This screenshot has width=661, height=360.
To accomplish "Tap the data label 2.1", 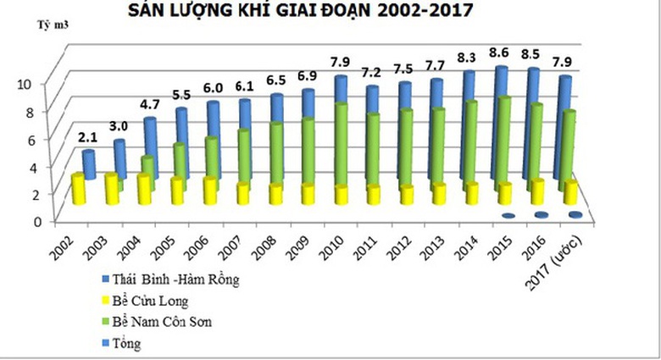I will pyautogui.click(x=88, y=137).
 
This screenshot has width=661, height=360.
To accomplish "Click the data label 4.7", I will pyautogui.click(x=149, y=106).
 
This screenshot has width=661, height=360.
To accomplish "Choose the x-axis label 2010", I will pyautogui.click(x=331, y=241).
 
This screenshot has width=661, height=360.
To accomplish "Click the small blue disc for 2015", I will pyautogui.click(x=508, y=216).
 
